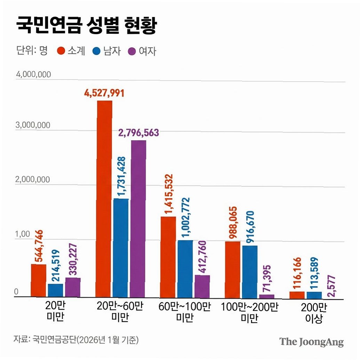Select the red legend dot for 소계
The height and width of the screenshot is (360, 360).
click(61, 51)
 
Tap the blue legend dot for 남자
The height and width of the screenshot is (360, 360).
click(96, 51)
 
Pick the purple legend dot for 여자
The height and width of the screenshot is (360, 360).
click(132, 51)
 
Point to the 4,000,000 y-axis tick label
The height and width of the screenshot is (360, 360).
click(33, 74)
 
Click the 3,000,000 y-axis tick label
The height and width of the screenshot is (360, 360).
click(33, 125)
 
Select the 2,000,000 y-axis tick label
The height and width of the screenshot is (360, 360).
click(33, 179)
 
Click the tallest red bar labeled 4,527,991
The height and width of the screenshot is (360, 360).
click(104, 199)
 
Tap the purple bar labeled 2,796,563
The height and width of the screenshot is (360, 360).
click(138, 219)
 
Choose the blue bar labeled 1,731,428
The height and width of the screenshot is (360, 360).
click(121, 248)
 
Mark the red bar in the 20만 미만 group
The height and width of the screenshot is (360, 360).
click(39, 281)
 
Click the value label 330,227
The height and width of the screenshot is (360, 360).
click(73, 259)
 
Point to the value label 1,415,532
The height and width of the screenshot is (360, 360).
click(168, 194)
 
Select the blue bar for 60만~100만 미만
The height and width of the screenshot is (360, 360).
click(185, 269)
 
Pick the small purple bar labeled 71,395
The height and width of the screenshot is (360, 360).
click(267, 296)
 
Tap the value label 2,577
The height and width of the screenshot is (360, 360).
click(331, 286)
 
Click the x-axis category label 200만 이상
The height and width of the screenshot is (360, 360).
click(314, 313)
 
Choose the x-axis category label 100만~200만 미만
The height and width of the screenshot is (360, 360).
click(250, 312)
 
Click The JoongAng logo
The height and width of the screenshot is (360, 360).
click(312, 342)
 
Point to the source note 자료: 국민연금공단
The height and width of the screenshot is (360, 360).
click(76, 339)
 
